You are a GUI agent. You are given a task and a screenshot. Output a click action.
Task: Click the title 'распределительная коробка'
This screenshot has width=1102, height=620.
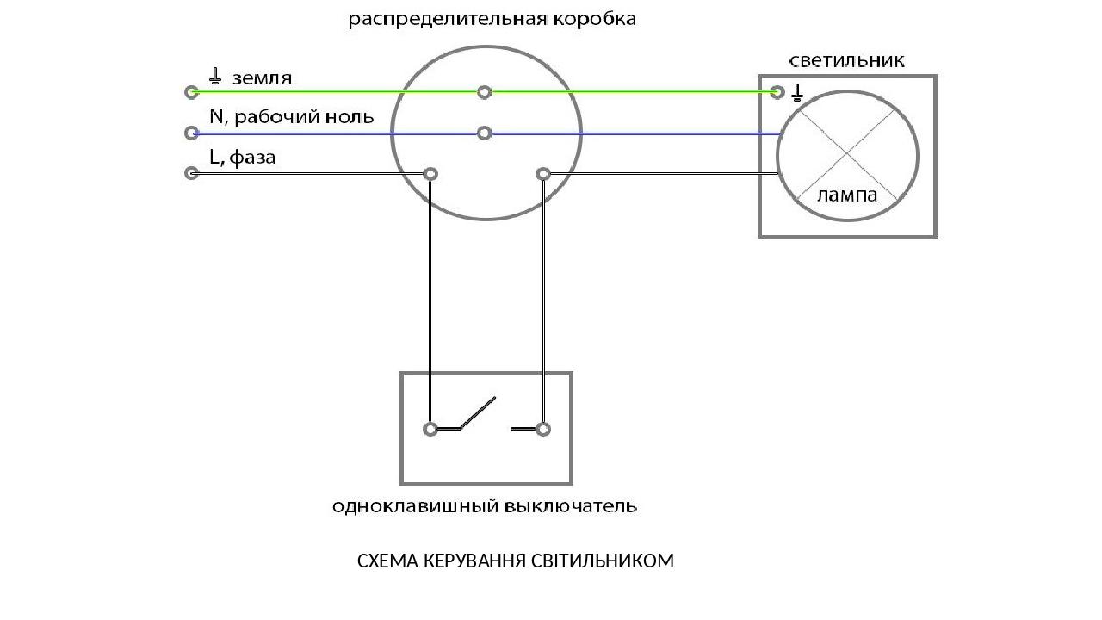point(492,19)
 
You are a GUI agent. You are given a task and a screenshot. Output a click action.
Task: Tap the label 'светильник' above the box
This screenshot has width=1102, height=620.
point(847,60)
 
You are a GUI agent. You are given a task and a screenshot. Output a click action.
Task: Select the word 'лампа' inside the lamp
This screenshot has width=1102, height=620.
point(847,195)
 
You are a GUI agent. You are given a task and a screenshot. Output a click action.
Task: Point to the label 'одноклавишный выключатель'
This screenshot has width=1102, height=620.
point(485,506)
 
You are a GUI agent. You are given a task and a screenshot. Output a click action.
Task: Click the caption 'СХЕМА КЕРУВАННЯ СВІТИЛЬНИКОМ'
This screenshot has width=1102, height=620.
point(515,561)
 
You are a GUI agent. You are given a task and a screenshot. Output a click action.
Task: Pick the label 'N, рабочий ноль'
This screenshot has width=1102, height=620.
point(291,116)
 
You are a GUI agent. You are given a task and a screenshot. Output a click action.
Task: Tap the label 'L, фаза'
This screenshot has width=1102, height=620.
point(242,158)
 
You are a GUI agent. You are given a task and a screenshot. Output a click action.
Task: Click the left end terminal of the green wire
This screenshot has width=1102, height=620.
point(191,91)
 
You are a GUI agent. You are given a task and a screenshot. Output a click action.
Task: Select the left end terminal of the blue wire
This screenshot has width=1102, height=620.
point(191,133)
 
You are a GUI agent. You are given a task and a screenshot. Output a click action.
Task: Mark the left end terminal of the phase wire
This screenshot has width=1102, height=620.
point(191,173)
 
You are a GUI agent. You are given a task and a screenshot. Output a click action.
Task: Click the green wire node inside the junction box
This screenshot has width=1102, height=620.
point(485,91)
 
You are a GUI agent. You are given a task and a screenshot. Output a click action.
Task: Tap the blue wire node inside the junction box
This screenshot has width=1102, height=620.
point(485,133)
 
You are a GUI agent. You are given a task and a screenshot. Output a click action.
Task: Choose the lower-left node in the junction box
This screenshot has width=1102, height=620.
point(430,174)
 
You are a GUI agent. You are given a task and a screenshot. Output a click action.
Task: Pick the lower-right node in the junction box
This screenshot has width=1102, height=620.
point(543,174)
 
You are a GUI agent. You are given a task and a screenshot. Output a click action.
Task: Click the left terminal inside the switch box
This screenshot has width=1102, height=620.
point(430,428)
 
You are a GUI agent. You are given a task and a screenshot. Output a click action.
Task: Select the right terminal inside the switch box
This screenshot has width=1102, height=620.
point(543,428)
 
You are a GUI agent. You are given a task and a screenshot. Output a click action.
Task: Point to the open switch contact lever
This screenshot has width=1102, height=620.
point(478,412)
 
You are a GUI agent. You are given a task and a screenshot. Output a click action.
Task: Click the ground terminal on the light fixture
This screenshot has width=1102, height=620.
point(777,91)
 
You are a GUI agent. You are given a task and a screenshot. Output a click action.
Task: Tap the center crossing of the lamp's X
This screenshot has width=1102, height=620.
point(848,154)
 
